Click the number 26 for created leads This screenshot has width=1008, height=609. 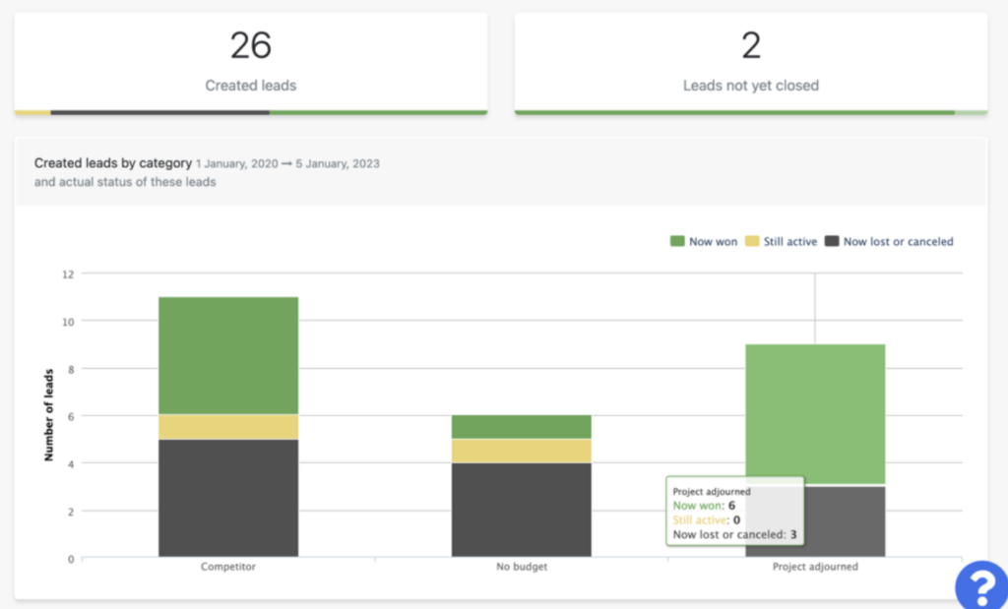click(251, 45)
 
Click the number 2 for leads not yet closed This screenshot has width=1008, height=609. click(751, 45)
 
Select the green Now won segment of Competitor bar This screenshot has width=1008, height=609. click(228, 355)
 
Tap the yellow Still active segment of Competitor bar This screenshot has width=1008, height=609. click(228, 427)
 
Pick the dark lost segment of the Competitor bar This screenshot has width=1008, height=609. click(228, 498)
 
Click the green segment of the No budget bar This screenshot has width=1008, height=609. click(522, 427)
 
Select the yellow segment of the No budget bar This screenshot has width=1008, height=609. click(522, 451)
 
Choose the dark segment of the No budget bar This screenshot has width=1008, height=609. click(522, 510)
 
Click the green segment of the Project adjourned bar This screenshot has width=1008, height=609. click(815, 414)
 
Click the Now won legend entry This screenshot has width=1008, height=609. click(703, 242)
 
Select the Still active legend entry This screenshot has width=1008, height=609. click(781, 242)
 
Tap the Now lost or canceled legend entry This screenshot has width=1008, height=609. click(889, 242)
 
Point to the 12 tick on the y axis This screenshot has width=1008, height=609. click(68, 274)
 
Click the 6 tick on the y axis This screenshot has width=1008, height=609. click(71, 416)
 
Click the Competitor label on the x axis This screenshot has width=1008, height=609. click(228, 567)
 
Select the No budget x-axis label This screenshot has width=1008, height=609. click(522, 567)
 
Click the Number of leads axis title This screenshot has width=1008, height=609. click(49, 415)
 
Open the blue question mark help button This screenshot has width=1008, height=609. click(981, 585)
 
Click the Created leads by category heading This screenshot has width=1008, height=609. click(113, 163)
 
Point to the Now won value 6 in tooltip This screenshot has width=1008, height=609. click(731, 506)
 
